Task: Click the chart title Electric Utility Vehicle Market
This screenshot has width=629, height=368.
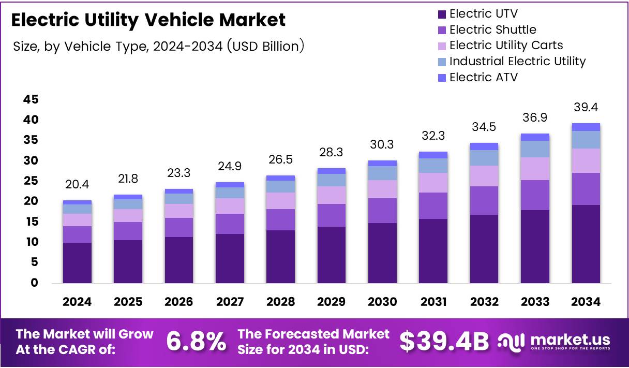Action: click(x=148, y=20)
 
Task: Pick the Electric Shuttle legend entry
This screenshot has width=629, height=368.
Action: click(x=492, y=30)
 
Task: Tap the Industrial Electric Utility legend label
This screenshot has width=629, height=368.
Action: click(x=517, y=61)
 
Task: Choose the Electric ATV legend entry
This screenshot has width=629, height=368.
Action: click(x=483, y=77)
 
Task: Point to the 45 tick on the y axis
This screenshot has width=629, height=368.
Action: click(x=31, y=99)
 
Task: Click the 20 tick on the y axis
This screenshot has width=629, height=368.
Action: click(x=31, y=201)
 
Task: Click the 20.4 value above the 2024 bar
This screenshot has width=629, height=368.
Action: click(x=77, y=185)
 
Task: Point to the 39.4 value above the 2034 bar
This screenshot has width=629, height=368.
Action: click(x=586, y=108)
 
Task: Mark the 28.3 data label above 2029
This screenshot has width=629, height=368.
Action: click(x=332, y=153)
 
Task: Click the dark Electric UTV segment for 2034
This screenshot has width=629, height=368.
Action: click(x=586, y=243)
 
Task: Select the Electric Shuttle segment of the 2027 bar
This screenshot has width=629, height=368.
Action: click(x=230, y=224)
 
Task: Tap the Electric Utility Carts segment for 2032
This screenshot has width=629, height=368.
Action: click(x=484, y=176)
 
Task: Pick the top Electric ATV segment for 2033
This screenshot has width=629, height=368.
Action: click(x=535, y=137)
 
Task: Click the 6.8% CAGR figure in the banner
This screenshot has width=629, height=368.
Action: click(x=196, y=341)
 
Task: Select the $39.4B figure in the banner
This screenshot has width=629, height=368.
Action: click(x=444, y=341)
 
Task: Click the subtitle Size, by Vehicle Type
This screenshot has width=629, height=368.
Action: click(x=158, y=46)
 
